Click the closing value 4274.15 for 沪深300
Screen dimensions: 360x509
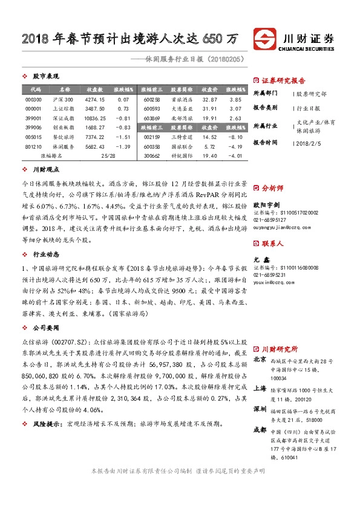pos(95,99)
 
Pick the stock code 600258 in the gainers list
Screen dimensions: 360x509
pos(151,99)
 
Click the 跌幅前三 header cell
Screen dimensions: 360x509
pos(151,128)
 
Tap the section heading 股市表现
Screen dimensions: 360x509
pos(45,77)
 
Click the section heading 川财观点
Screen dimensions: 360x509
pos(45,171)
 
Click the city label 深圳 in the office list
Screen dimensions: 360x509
pos(259,410)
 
